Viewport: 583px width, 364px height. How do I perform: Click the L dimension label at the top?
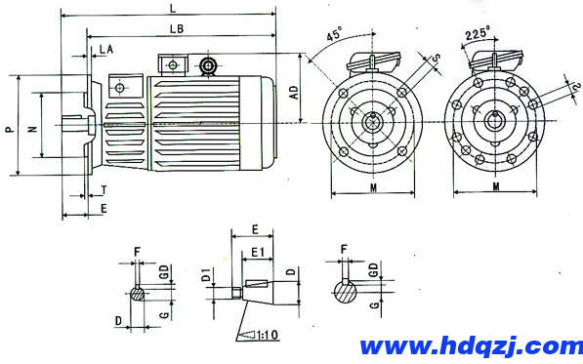coord(172,8)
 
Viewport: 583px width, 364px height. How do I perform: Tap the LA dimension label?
coord(104,48)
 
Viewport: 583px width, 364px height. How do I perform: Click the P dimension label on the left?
coord(10,126)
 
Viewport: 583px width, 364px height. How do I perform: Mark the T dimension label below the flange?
coord(104,190)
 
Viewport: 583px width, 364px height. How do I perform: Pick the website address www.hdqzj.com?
coord(471,345)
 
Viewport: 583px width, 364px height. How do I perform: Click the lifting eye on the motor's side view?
coord(207,66)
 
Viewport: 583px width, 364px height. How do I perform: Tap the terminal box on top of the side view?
coord(172,64)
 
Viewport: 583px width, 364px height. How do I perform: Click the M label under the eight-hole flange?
coord(496,185)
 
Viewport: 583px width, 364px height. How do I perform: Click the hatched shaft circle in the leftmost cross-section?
coord(140,293)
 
